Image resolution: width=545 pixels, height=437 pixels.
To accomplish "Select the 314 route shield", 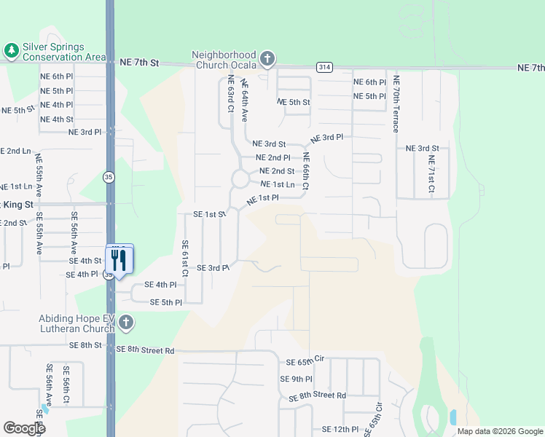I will [325, 67].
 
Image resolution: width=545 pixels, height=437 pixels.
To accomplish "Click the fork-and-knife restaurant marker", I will [119, 260].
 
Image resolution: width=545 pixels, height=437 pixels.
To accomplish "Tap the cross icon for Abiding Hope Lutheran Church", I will [125, 322].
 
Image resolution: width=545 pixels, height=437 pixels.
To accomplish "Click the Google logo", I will [24, 428].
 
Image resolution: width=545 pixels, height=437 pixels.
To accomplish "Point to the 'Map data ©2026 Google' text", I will [500, 431].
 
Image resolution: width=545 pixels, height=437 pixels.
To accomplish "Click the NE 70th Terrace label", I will [396, 103].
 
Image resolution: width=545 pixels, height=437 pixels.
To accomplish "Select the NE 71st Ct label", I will [431, 174].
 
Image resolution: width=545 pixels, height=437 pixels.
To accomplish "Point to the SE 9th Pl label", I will [296, 379].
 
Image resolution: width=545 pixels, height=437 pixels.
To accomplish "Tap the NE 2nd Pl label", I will [272, 157].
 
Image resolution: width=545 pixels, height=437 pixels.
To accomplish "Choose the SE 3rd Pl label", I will [213, 268].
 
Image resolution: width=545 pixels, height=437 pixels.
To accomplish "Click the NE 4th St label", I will [57, 119].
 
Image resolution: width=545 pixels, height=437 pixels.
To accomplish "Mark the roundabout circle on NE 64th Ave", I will [240, 178].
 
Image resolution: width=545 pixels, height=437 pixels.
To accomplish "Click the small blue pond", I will [453, 417].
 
